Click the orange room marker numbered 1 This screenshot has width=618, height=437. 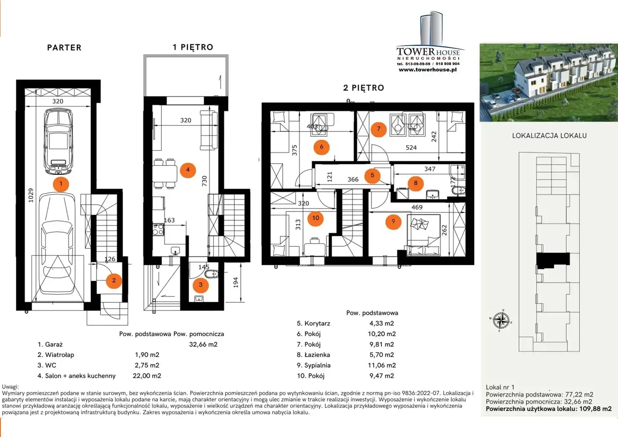coord(61,184)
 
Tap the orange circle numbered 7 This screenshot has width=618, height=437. coord(379,129)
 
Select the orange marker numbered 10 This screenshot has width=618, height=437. coord(316,218)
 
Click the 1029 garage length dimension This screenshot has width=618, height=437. coord(31,195)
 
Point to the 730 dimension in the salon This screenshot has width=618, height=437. coord(204,181)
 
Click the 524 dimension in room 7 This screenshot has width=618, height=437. coord(411,148)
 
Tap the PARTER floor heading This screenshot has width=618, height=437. coord(64,48)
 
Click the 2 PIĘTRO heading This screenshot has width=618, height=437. coord(364,88)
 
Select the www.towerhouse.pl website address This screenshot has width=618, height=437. coord(428,70)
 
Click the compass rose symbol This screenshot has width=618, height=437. coord(501,320)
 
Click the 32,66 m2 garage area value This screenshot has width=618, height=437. coord(203,344)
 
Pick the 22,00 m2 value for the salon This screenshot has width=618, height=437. coord(147,376)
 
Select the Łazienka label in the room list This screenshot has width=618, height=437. coord(317,355)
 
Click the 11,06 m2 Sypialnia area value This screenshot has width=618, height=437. coord(382,365)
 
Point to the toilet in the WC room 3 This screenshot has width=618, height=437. coord(212,274)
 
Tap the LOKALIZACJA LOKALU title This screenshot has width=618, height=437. coord(549,136)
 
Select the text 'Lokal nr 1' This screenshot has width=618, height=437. coord(500,387)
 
